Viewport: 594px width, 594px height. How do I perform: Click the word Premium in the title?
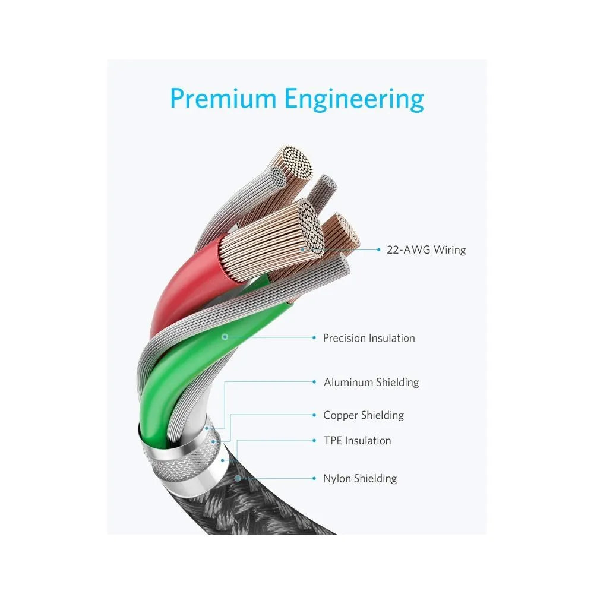click(223, 98)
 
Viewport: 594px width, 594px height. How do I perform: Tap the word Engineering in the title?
click(354, 100)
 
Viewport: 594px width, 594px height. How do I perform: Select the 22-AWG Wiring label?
click(426, 250)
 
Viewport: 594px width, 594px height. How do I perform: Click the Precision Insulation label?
click(369, 338)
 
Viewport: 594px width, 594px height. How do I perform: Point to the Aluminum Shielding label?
click(371, 382)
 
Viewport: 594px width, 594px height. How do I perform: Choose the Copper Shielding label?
click(364, 415)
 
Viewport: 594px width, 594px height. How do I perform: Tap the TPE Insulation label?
click(357, 441)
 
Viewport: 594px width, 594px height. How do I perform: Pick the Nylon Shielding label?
click(360, 478)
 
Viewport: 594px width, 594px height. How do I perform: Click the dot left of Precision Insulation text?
click(314, 337)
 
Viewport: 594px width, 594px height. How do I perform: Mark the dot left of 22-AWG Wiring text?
click(378, 249)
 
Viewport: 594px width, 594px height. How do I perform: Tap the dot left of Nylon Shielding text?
click(314, 478)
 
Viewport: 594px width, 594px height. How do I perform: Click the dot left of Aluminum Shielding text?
click(314, 382)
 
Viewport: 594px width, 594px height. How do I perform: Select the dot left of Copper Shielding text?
click(314, 415)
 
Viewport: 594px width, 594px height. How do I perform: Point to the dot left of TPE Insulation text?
click(314, 441)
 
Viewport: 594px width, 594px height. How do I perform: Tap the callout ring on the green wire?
click(225, 336)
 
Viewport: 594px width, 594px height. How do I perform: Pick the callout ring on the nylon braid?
click(238, 478)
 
